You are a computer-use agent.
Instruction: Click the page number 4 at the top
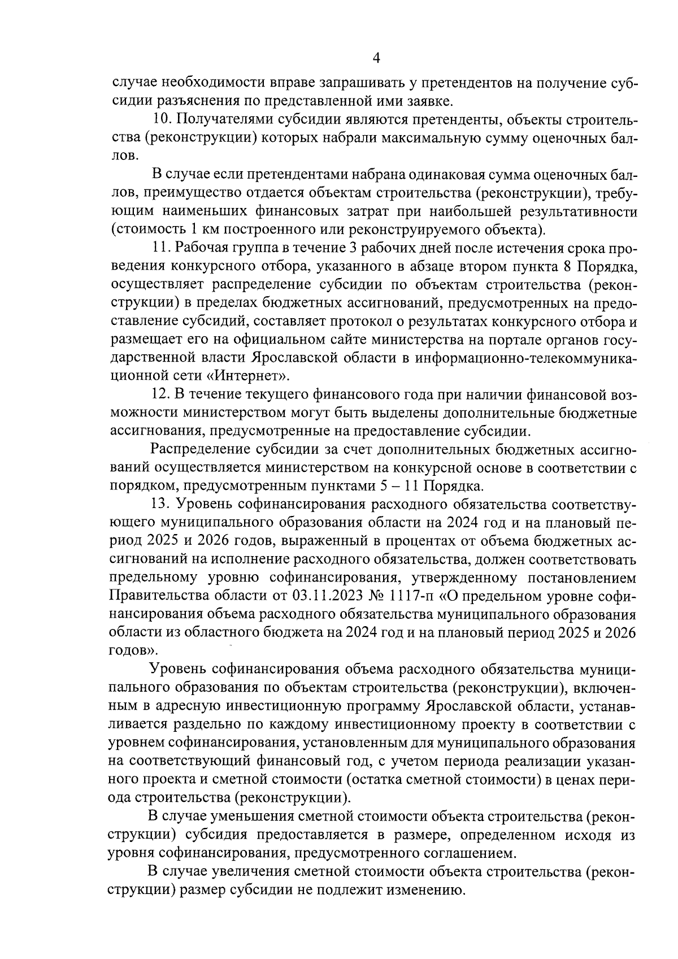[376, 58]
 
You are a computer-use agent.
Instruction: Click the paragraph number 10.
[163, 120]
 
